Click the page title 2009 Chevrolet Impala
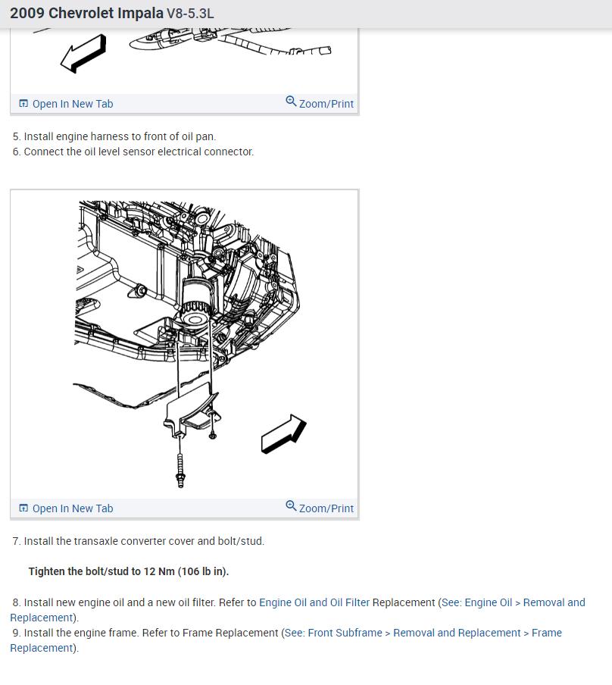click(x=86, y=13)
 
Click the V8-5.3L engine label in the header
click(x=190, y=14)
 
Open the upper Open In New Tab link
click(x=67, y=104)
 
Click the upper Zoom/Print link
click(x=320, y=103)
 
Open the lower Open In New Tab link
click(x=67, y=508)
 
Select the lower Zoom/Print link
click(x=320, y=508)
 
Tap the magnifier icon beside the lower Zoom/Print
click(x=291, y=506)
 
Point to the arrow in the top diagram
click(x=83, y=53)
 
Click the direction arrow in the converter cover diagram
click(x=283, y=433)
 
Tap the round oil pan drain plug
click(x=140, y=291)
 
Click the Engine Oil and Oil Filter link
click(x=314, y=602)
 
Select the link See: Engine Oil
click(x=476, y=602)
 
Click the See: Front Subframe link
click(x=333, y=633)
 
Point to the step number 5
click(x=16, y=136)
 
